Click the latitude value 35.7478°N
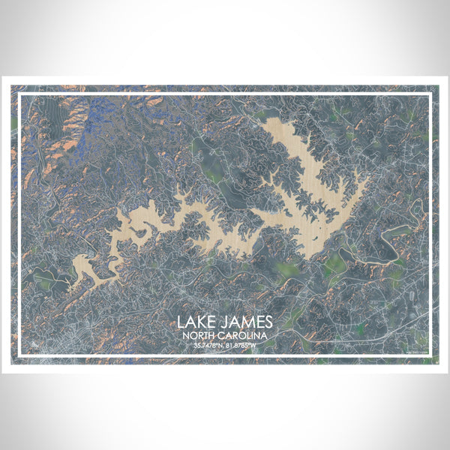click(205, 346)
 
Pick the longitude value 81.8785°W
click(244, 346)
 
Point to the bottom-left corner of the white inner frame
click(19, 356)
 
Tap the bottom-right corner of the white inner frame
click(431, 356)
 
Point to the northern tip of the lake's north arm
click(274, 120)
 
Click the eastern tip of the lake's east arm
click(366, 180)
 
